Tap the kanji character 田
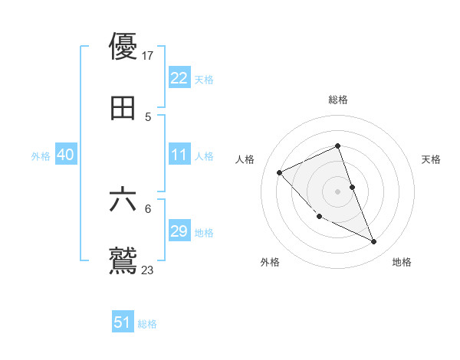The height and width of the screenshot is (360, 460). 123,109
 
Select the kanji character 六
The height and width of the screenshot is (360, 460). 123,200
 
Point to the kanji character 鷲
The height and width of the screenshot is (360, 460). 123,260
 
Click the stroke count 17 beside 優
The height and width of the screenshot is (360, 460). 149,56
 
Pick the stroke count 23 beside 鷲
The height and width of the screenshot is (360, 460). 148,270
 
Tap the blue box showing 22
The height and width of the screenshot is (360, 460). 179,77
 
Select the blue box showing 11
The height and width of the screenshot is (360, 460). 179,155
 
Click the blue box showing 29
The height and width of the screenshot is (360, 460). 179,231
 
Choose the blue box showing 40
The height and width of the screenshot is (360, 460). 65,155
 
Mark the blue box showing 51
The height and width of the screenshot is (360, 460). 123,322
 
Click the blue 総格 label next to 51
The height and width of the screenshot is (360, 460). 147,324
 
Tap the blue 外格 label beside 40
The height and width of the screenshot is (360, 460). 41,156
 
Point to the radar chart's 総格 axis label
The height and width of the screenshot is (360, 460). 338,100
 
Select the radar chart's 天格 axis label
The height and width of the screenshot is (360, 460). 431,159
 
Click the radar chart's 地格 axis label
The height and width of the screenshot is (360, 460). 402,262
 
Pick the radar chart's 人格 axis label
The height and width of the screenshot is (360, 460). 245,159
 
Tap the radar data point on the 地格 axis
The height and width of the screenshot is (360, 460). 374,242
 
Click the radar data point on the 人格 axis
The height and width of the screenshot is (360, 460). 280,172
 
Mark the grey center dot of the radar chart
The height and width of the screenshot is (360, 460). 338,191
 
